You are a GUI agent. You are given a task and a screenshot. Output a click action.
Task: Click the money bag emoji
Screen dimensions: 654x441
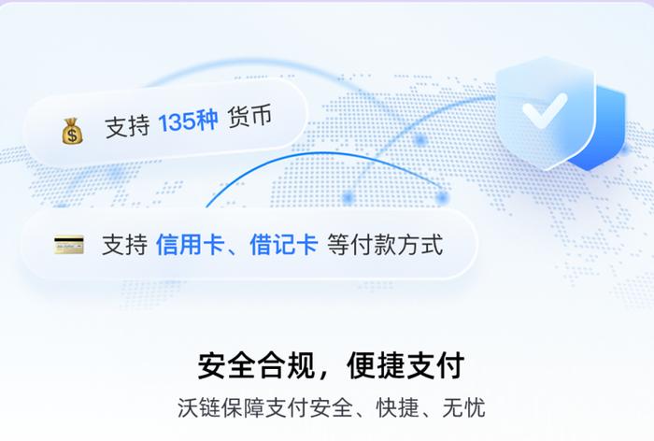tap(73, 132)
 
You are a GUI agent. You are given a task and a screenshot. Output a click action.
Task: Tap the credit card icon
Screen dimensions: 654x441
tap(69, 245)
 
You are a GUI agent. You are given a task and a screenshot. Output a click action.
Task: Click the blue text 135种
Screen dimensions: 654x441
tap(188, 121)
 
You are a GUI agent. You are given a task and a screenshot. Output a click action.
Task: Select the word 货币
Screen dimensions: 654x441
tap(249, 116)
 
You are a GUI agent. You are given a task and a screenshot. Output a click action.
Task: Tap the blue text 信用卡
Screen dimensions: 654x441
tap(191, 245)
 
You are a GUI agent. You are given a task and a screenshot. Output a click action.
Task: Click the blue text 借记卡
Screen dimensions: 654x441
tap(284, 245)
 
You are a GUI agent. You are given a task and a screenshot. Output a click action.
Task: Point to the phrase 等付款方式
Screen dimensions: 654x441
tap(385, 245)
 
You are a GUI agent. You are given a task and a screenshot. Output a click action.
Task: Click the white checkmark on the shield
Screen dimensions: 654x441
tap(545, 109)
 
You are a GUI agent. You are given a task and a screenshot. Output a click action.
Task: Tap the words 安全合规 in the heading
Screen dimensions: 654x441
tap(256, 366)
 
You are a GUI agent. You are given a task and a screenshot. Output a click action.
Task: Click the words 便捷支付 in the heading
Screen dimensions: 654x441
tap(405, 366)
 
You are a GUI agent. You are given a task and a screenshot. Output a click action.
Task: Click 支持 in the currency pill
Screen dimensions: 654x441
tap(127, 126)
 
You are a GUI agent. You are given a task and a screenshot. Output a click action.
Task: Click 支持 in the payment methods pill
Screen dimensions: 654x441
tap(124, 245)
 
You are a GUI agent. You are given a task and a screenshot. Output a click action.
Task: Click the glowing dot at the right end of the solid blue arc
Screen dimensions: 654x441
tap(441, 197)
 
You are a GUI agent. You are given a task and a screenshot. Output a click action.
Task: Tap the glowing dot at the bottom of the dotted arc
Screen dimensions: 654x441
tap(348, 197)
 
